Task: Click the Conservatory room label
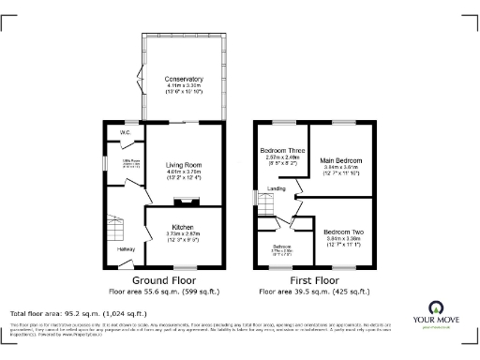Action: point(184,78)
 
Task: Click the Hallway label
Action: point(126,249)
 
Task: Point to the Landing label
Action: point(277,188)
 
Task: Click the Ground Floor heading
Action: point(163,280)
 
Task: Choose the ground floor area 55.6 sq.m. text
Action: point(163,291)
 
